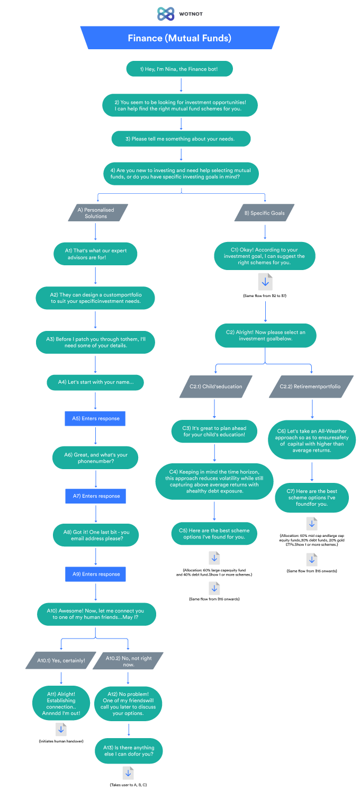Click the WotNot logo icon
tap(166, 14)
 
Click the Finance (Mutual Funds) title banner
tap(179, 38)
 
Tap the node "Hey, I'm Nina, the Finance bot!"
tap(179, 69)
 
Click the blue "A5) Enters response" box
tap(95, 418)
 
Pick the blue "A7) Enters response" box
tap(95, 496)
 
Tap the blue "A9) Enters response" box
tap(95, 574)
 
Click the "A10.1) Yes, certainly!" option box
tap(61, 660)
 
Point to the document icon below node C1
tap(265, 281)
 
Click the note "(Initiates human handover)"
tap(61, 741)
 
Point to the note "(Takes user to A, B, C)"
tap(128, 784)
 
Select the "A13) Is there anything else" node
tap(129, 751)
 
